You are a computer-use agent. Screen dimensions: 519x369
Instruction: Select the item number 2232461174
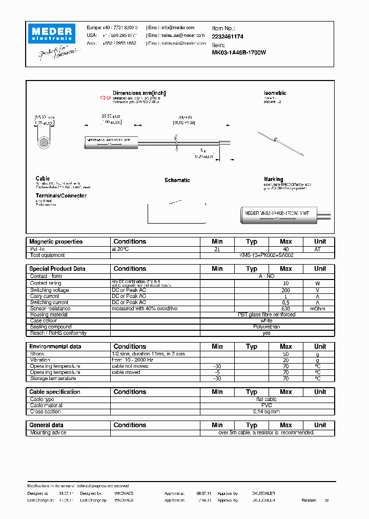228,37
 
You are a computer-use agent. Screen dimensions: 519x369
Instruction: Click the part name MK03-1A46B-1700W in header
239,53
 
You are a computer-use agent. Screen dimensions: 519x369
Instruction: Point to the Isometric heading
275,93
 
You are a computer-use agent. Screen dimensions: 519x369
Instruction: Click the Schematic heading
177,181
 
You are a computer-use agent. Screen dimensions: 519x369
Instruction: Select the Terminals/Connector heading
61,196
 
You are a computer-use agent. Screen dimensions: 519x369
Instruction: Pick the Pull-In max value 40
285,249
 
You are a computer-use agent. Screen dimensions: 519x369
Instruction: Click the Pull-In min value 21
217,249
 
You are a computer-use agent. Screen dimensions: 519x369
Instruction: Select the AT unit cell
320,249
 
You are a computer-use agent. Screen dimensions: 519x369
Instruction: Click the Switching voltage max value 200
285,290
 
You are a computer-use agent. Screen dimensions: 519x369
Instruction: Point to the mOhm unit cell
320,309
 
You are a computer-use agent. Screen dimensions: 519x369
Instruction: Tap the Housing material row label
49,315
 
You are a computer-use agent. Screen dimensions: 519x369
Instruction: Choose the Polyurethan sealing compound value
266,327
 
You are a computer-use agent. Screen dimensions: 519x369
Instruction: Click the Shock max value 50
285,354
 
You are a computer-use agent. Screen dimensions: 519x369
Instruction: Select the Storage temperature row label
53,378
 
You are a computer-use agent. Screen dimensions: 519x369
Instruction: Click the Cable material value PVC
266,405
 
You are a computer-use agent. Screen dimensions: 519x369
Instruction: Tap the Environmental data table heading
55,347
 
